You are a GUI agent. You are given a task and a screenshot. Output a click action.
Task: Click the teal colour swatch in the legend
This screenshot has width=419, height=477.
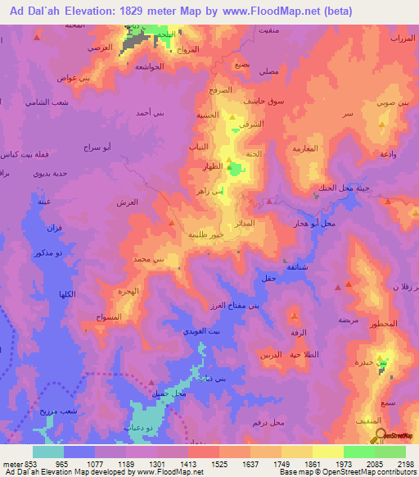point(48,451)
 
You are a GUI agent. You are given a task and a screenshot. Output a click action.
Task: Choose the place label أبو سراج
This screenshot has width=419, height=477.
point(98,148)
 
